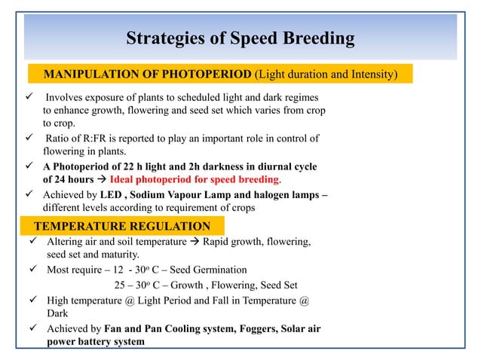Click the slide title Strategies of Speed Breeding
pyautogui.click(x=240, y=38)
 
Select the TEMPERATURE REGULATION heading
pyautogui.click(x=127, y=226)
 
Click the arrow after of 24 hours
pyautogui.click(x=101, y=180)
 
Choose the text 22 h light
pyautogui.click(x=139, y=166)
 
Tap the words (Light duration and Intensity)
pyautogui.click(x=325, y=74)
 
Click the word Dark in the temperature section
pyautogui.click(x=59, y=313)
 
